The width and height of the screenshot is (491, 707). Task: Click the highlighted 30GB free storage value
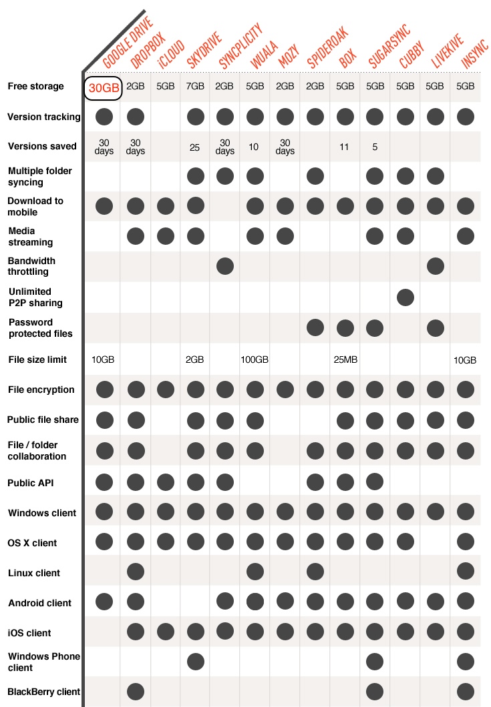pyautogui.click(x=104, y=87)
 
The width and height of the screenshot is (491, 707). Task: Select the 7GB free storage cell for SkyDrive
pyautogui.click(x=195, y=87)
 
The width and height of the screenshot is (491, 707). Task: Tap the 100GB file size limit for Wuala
pyautogui.click(x=255, y=360)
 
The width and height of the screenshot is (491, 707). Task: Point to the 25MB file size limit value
pyautogui.click(x=345, y=360)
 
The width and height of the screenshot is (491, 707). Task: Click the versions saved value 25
pyautogui.click(x=195, y=147)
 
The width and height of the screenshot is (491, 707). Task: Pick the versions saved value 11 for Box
pyautogui.click(x=345, y=147)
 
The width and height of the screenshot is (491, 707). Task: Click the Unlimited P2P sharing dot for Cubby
pyautogui.click(x=405, y=297)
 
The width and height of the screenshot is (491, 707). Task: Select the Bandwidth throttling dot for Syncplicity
pyautogui.click(x=225, y=267)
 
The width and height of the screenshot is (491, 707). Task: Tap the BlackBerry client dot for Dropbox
pyautogui.click(x=136, y=692)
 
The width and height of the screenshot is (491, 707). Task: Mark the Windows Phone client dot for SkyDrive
pyautogui.click(x=195, y=662)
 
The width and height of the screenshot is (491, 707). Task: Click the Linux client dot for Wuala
pyautogui.click(x=255, y=572)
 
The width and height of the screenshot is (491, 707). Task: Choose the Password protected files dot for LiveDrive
pyautogui.click(x=436, y=327)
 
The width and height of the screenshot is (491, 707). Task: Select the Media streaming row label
pyautogui.click(x=30, y=237)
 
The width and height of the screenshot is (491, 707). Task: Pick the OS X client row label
pyautogui.click(x=32, y=543)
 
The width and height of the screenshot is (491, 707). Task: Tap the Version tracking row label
pyautogui.click(x=43, y=117)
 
